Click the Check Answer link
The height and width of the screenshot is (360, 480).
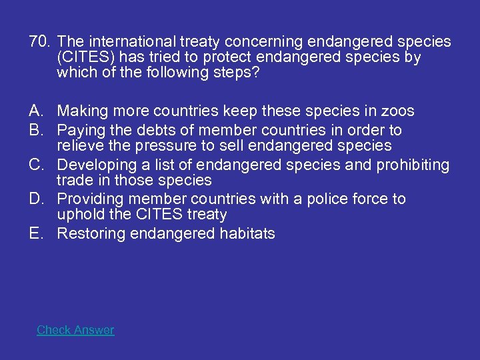[x=75, y=330]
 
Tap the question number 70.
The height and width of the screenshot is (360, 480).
[x=39, y=42]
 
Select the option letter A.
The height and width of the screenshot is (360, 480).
[x=36, y=111]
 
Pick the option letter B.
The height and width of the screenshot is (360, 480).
[x=36, y=130]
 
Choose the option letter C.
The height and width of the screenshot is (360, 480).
[x=36, y=165]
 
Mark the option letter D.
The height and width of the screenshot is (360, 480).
[x=36, y=199]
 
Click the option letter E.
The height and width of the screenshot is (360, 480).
[x=36, y=234]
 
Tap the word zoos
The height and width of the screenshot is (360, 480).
[x=398, y=111]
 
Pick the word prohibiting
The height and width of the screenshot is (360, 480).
[x=413, y=165]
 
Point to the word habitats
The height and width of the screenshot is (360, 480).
[x=249, y=234]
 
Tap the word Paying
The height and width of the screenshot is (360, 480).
[x=79, y=130]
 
